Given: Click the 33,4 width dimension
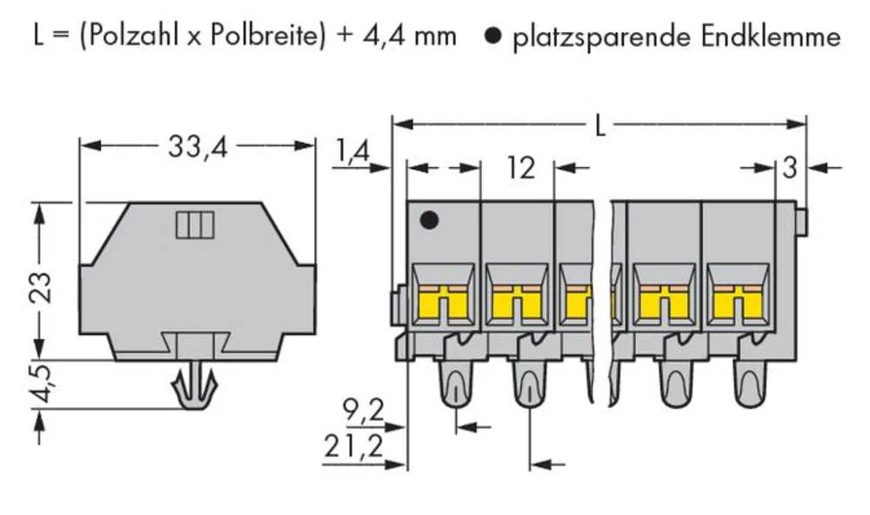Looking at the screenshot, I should (x=197, y=149).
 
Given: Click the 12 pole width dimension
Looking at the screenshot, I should (x=519, y=168).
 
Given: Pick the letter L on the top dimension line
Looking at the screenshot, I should (x=600, y=128).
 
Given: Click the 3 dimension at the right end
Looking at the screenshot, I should (x=789, y=168).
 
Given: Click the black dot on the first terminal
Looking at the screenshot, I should (x=428, y=221).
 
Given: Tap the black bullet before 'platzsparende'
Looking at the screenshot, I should (x=492, y=37).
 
